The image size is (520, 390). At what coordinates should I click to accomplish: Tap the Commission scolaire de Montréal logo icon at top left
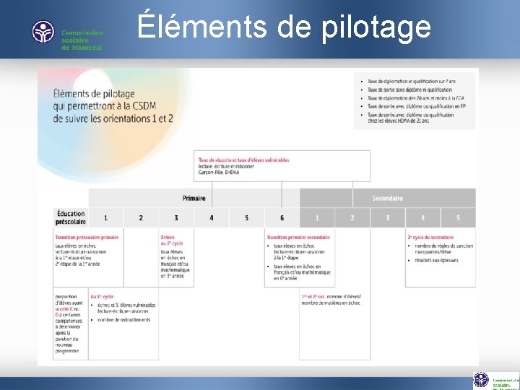pyautogui.click(x=43, y=32)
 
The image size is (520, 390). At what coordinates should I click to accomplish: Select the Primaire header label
pyautogui.click(x=194, y=198)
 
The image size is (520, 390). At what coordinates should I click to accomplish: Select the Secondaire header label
pyautogui.click(x=387, y=198)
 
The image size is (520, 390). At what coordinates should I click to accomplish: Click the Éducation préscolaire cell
pyautogui.click(x=70, y=217)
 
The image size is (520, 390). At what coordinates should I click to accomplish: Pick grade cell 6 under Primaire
pyautogui.click(x=282, y=217)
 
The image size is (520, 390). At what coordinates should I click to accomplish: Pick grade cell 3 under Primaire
pyautogui.click(x=176, y=217)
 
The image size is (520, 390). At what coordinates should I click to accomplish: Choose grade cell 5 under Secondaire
pyautogui.click(x=458, y=217)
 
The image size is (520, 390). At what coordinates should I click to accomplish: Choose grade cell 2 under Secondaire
pyautogui.click(x=352, y=217)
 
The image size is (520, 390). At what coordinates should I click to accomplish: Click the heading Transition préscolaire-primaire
pyautogui.click(x=87, y=237)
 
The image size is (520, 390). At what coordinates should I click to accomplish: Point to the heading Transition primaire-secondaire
pyautogui.click(x=298, y=237)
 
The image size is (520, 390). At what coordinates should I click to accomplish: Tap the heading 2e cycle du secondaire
pyautogui.click(x=430, y=237)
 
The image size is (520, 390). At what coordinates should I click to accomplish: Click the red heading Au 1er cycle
pyautogui.click(x=103, y=297)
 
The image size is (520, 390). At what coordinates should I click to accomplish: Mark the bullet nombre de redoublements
pyautogui.click(x=125, y=320)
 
